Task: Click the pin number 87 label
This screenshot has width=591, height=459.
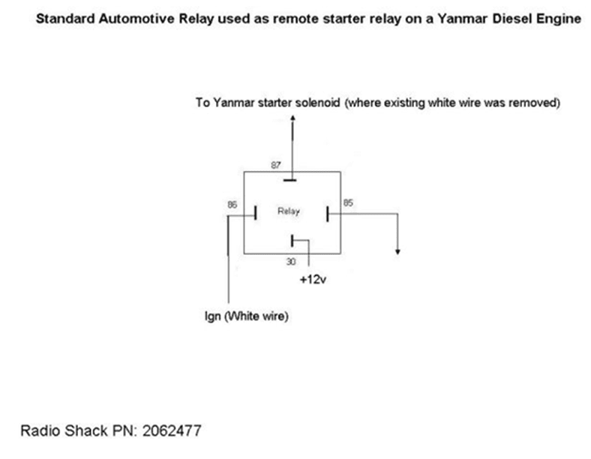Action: pyautogui.click(x=276, y=163)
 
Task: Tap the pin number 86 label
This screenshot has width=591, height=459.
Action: pyautogui.click(x=231, y=203)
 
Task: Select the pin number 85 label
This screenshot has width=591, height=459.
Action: pyautogui.click(x=348, y=202)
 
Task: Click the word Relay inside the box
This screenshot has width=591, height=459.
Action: pyautogui.click(x=289, y=212)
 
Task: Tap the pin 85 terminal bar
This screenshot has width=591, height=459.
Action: pyautogui.click(x=328, y=214)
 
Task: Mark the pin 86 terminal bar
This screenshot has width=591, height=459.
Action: pyautogui.click(x=256, y=214)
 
